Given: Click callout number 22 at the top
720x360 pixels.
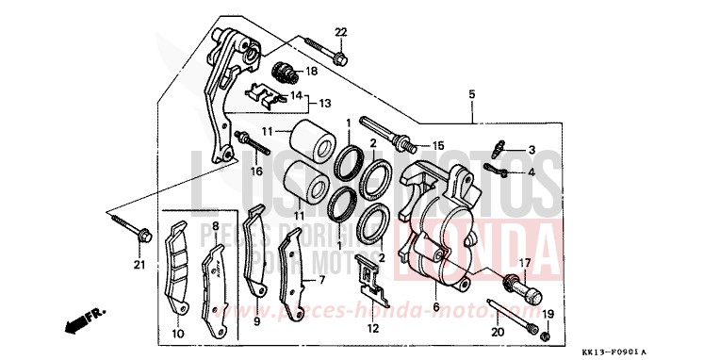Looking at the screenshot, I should [x=341, y=32].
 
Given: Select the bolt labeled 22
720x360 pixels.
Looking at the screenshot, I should [x=325, y=50].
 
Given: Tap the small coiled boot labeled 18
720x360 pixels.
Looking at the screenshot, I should [x=283, y=70].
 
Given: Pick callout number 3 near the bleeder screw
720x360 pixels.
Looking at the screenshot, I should [x=531, y=150].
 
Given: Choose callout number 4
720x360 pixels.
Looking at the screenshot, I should [x=531, y=172].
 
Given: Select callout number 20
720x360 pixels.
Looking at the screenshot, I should [x=496, y=332].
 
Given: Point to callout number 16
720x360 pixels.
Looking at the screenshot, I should [x=254, y=172].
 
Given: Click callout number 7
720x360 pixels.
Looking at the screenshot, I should [x=321, y=281].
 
